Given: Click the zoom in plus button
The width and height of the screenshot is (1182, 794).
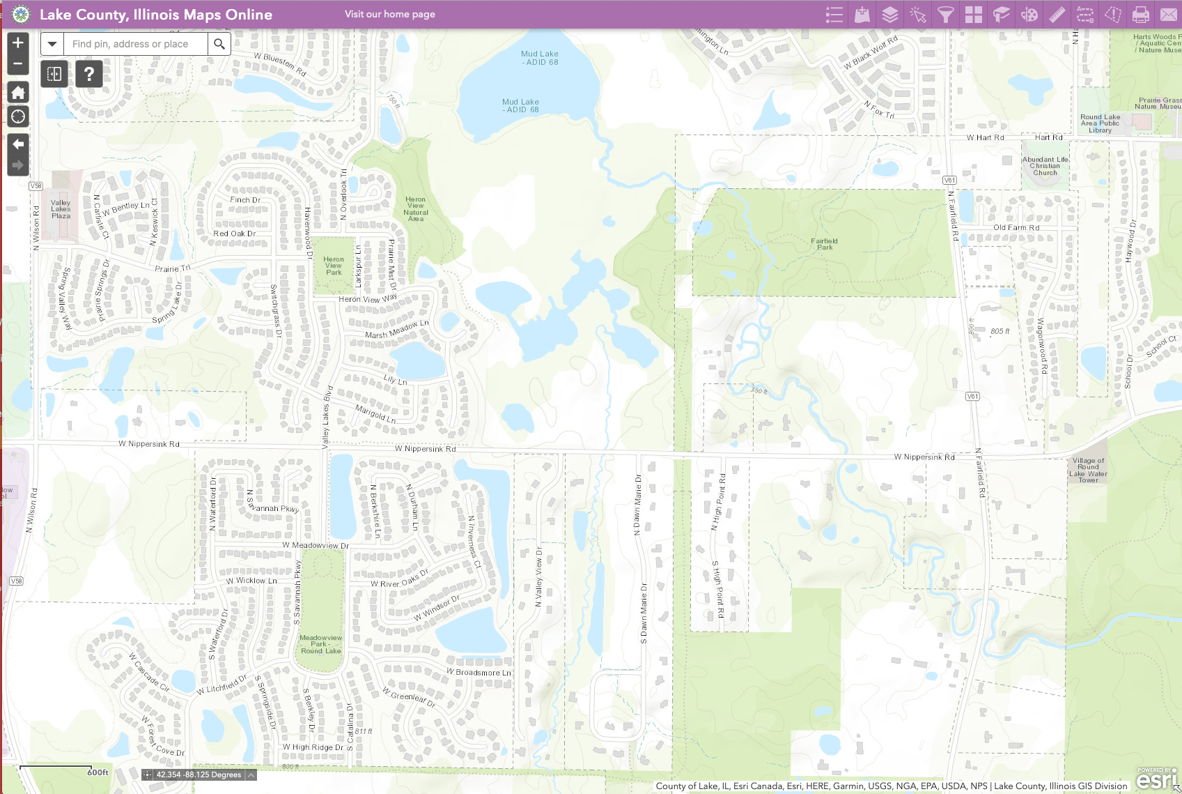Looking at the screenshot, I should (x=18, y=43).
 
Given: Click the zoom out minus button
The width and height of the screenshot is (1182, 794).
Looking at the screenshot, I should (x=18, y=64).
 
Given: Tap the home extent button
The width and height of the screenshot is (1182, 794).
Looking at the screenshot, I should (x=18, y=93).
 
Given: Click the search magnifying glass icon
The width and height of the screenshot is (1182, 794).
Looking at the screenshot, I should (x=219, y=44).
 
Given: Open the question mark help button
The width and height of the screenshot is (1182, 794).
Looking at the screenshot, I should (x=89, y=73).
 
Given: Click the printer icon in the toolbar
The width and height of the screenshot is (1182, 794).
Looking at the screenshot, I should (x=1141, y=15).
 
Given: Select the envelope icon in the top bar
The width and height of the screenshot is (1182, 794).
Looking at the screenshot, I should (x=1169, y=15).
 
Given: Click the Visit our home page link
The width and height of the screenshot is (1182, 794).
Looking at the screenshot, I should (x=390, y=14).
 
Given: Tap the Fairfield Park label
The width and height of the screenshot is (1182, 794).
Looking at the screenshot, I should (x=825, y=244).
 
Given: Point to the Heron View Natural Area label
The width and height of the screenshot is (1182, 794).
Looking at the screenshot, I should (x=416, y=209).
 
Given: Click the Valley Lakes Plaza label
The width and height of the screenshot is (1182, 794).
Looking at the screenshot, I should (x=61, y=209).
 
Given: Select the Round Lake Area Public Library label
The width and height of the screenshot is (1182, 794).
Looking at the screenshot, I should (x=1101, y=123).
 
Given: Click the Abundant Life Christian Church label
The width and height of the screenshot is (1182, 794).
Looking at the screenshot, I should (x=1045, y=166).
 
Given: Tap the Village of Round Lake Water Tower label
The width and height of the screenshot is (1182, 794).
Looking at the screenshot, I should (x=1088, y=471).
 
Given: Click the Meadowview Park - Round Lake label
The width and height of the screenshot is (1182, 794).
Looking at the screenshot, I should (x=321, y=644).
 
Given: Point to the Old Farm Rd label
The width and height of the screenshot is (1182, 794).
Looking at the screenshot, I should (x=1016, y=228).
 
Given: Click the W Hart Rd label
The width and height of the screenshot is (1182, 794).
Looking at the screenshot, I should (x=985, y=138).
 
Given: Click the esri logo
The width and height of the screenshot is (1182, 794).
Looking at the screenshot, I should (x=1156, y=779).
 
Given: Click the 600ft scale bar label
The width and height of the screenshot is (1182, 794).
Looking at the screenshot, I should (x=98, y=772).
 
